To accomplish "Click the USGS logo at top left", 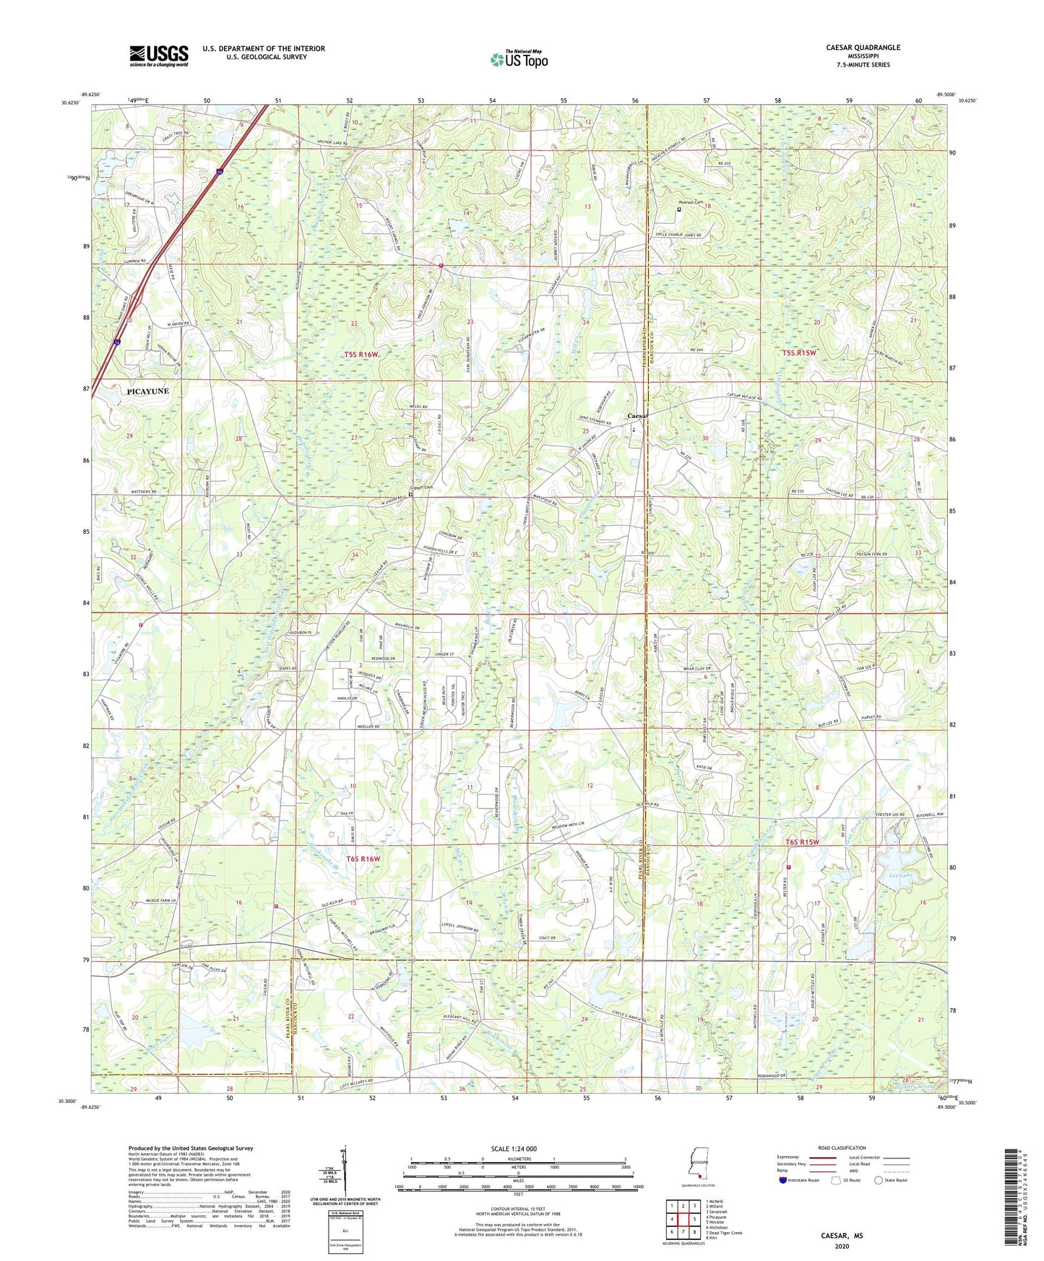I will tap(158, 56).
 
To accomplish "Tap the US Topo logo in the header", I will tap(518, 59).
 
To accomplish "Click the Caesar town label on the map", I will tap(639, 417).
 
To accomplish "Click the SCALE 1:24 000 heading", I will tap(514, 1149).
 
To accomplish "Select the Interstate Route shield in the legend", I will tap(783, 1181).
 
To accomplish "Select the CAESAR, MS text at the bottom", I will tap(842, 1236).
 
